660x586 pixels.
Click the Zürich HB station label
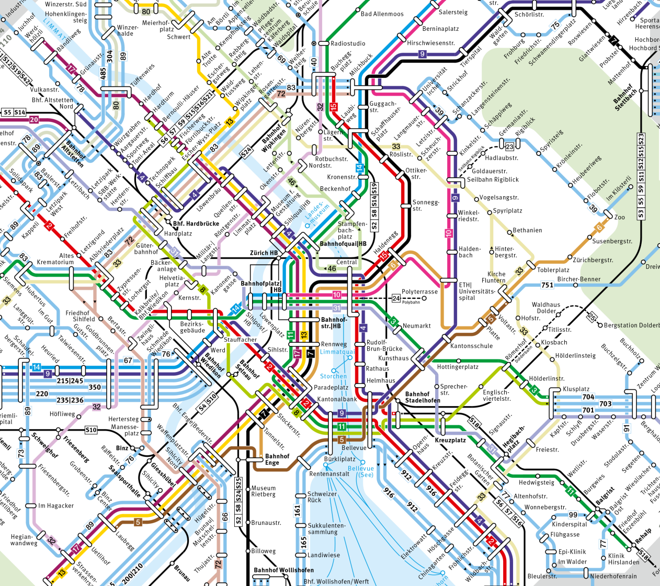coord(264,253)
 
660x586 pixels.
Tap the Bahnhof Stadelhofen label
coord(423,397)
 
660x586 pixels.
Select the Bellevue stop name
coord(354,448)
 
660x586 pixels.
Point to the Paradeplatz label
coord(331,388)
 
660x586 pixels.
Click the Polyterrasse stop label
coord(419,292)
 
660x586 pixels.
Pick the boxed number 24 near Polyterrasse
coord(396,298)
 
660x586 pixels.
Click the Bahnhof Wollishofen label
coord(283,570)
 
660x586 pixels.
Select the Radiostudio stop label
coord(348,43)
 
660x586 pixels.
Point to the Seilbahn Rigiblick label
coord(493,179)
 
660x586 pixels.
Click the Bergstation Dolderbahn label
coord(631,325)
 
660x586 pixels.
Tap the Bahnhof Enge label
coord(277,459)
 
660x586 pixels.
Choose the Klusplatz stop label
coord(576,389)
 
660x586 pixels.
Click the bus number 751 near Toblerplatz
coord(547,285)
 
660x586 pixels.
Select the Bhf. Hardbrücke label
coord(196,223)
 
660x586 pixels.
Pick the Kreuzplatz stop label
coord(450,440)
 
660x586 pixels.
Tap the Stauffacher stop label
coord(240,340)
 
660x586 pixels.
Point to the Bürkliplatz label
coord(339,459)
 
